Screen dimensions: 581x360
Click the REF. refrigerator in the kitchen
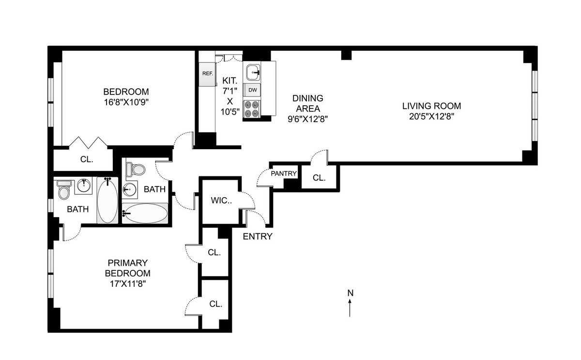click(x=208, y=74)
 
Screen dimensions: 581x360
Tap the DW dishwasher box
click(x=252, y=90)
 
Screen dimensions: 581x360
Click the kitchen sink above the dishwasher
click(x=253, y=72)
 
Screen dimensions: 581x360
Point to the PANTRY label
click(x=284, y=173)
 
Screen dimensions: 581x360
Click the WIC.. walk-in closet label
click(x=221, y=201)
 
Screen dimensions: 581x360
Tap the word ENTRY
click(x=258, y=236)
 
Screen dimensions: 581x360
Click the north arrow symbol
click(x=350, y=308)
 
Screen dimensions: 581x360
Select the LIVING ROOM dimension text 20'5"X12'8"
click(x=431, y=117)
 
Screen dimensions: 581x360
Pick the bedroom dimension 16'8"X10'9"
click(x=126, y=102)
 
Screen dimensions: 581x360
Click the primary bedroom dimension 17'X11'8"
click(x=127, y=284)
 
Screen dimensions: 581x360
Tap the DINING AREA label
click(x=308, y=103)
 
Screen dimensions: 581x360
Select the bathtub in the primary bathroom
click(x=107, y=200)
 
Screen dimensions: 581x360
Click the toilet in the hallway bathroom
click(x=135, y=169)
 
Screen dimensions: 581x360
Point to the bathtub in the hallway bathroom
click(x=145, y=213)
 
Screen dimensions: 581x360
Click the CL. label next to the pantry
click(x=319, y=178)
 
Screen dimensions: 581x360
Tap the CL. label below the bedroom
click(x=87, y=159)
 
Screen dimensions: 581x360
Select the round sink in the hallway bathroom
click(x=129, y=190)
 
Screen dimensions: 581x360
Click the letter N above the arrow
click(x=351, y=293)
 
